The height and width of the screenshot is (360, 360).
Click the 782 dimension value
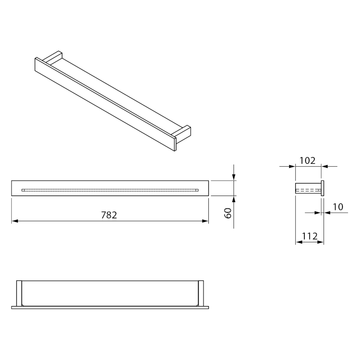click(x=109, y=215)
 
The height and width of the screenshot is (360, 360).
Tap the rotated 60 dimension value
click(x=228, y=213)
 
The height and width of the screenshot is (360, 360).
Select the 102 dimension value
click(x=308, y=161)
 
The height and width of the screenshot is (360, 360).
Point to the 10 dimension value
click(x=338, y=207)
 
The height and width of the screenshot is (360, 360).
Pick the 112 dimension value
click(x=310, y=236)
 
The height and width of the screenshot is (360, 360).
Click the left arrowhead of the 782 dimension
click(x=15, y=221)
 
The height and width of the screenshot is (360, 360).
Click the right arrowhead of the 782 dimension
click(x=205, y=221)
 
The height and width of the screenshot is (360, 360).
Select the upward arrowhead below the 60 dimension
click(x=234, y=199)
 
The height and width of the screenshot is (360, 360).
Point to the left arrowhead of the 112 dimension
click(x=299, y=242)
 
